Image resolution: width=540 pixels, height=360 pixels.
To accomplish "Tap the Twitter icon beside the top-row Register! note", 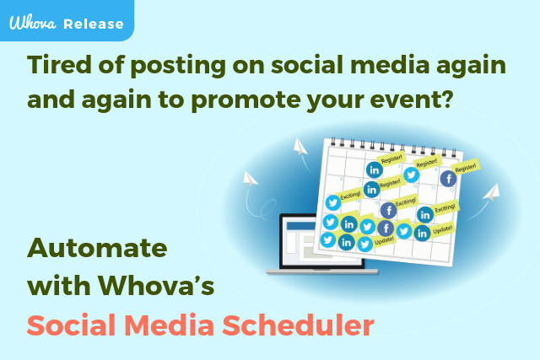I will click(x=411, y=174).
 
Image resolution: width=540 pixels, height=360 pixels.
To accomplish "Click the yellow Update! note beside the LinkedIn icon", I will click(x=442, y=229).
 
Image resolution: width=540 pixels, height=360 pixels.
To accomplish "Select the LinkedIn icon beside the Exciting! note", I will click(x=425, y=215).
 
